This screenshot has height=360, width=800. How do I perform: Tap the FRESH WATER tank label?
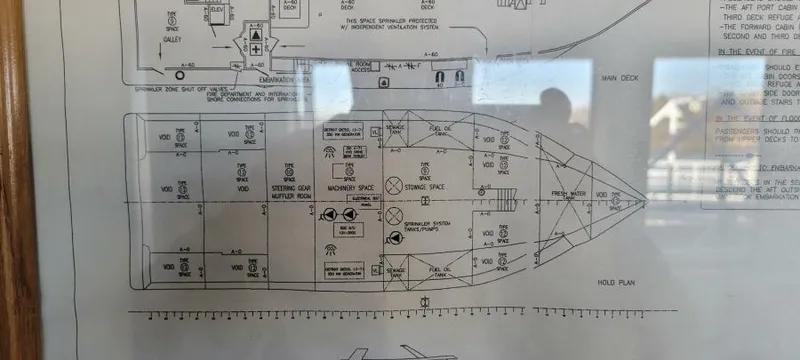tap(567, 195)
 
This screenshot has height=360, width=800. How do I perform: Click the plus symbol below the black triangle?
tap(256, 49)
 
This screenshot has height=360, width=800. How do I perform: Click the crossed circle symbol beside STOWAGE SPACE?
tap(395, 186)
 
